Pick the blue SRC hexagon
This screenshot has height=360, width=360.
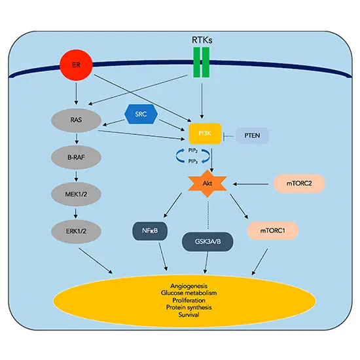(x=141, y=115)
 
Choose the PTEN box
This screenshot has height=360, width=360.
(x=251, y=135)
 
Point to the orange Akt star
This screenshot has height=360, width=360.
(x=207, y=186)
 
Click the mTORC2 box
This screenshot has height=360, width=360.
(x=298, y=186)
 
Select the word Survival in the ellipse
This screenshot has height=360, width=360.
(x=198, y=315)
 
